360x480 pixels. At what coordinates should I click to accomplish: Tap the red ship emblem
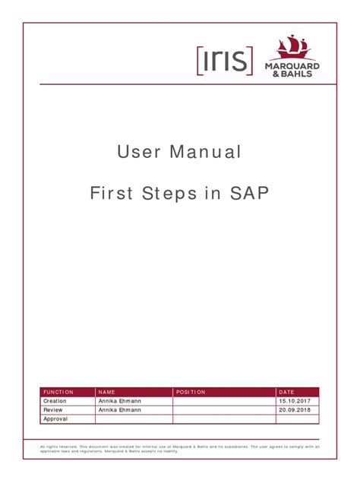pyautogui.click(x=291, y=47)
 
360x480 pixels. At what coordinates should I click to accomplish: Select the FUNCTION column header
pyautogui.click(x=58, y=392)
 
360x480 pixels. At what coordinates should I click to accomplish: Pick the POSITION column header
pyautogui.click(x=191, y=392)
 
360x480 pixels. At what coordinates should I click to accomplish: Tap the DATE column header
pyautogui.click(x=286, y=392)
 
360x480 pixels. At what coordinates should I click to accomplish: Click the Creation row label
pyautogui.click(x=55, y=401)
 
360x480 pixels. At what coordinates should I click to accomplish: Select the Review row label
pyautogui.click(x=52, y=409)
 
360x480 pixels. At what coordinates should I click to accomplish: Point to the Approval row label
pyautogui.click(x=55, y=418)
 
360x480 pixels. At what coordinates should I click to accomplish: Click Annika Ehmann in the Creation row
pyautogui.click(x=119, y=401)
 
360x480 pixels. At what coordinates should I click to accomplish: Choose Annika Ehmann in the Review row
pyautogui.click(x=119, y=409)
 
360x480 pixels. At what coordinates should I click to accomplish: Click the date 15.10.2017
pyautogui.click(x=293, y=401)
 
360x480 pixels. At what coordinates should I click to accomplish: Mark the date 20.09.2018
pyautogui.click(x=293, y=409)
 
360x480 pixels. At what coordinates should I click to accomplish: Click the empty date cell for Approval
pyautogui.click(x=297, y=418)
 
